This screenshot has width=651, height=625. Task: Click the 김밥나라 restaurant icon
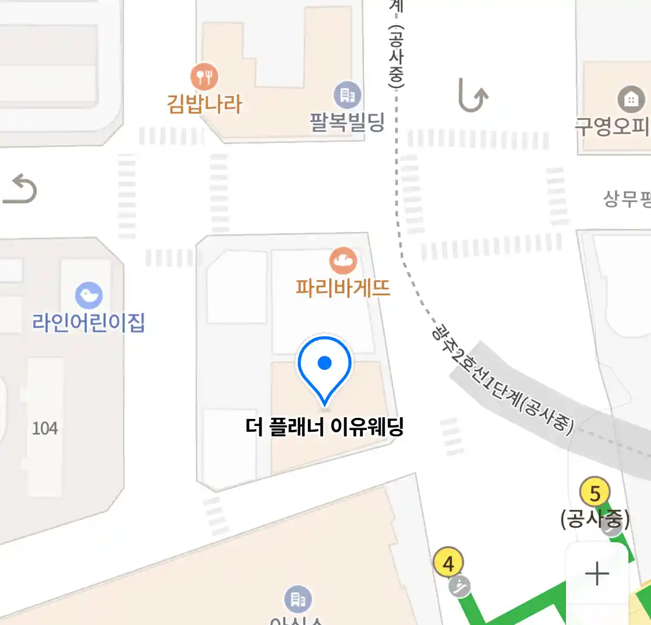click(204, 76)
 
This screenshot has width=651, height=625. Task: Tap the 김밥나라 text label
click(204, 104)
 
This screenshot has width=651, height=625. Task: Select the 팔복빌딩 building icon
click(347, 95)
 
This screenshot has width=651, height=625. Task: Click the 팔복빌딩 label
click(347, 122)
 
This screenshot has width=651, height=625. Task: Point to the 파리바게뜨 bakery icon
click(343, 261)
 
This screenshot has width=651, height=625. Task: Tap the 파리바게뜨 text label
click(343, 288)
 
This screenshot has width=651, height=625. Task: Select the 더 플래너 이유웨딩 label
click(325, 427)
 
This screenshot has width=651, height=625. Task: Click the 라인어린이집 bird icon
click(89, 296)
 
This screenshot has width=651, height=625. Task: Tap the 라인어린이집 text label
click(89, 322)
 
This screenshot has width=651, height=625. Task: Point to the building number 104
click(45, 428)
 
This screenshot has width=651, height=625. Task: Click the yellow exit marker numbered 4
click(448, 562)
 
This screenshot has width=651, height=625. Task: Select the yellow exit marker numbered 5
click(595, 493)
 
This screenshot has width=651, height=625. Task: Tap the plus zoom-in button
click(597, 574)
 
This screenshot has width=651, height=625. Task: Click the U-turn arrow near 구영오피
click(473, 95)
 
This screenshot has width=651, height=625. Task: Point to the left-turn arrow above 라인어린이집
click(20, 190)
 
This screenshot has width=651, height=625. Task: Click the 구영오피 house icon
click(631, 99)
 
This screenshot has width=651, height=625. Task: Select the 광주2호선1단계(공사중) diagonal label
click(502, 379)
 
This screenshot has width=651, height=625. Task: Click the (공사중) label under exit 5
click(594, 519)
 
